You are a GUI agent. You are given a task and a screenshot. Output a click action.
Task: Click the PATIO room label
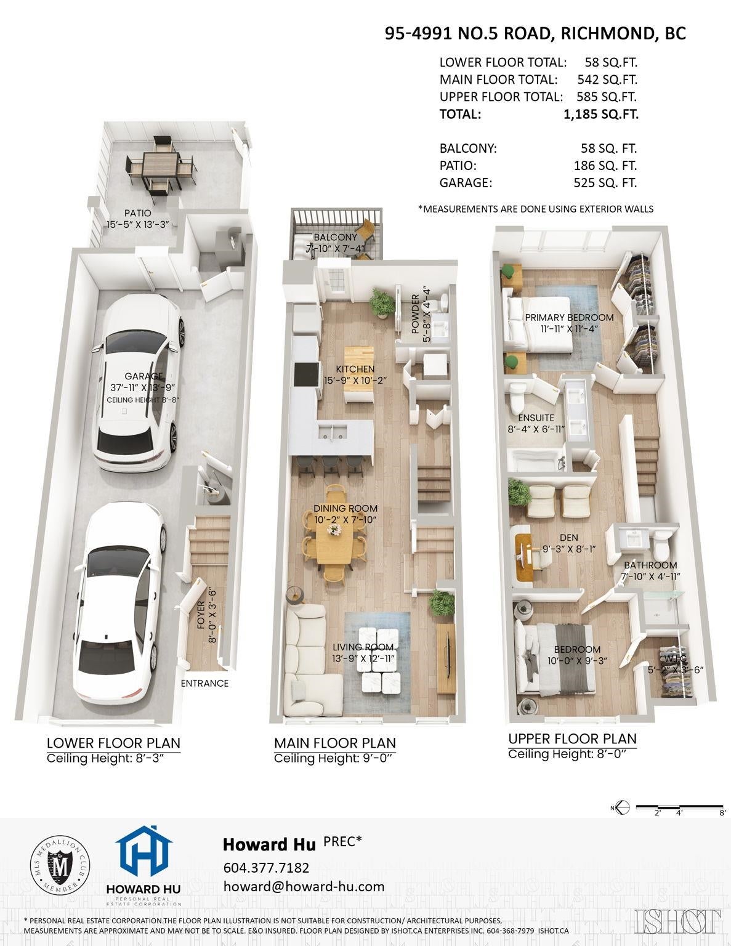(137, 213)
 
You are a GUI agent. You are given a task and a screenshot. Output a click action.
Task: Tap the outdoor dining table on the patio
(160, 164)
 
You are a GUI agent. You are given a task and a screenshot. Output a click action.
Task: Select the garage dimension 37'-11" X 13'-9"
(143, 387)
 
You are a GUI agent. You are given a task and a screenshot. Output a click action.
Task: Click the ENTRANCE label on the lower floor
(204, 683)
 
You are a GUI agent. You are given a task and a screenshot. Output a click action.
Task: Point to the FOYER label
(201, 615)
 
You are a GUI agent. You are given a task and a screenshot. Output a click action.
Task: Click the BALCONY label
(335, 237)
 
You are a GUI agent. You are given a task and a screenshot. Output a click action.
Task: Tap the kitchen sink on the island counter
(333, 432)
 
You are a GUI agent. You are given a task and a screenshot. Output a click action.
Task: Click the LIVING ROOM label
(363, 647)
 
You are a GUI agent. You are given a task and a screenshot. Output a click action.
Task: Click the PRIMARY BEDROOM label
(569, 317)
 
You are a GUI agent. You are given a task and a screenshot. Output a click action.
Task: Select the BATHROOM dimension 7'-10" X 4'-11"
(650, 576)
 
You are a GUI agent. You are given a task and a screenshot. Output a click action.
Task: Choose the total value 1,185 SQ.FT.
(601, 114)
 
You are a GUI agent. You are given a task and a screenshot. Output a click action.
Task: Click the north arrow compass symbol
(623, 808)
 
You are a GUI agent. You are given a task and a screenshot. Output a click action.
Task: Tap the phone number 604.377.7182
(266, 868)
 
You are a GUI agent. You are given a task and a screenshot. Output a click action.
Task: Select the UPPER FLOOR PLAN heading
(572, 738)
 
